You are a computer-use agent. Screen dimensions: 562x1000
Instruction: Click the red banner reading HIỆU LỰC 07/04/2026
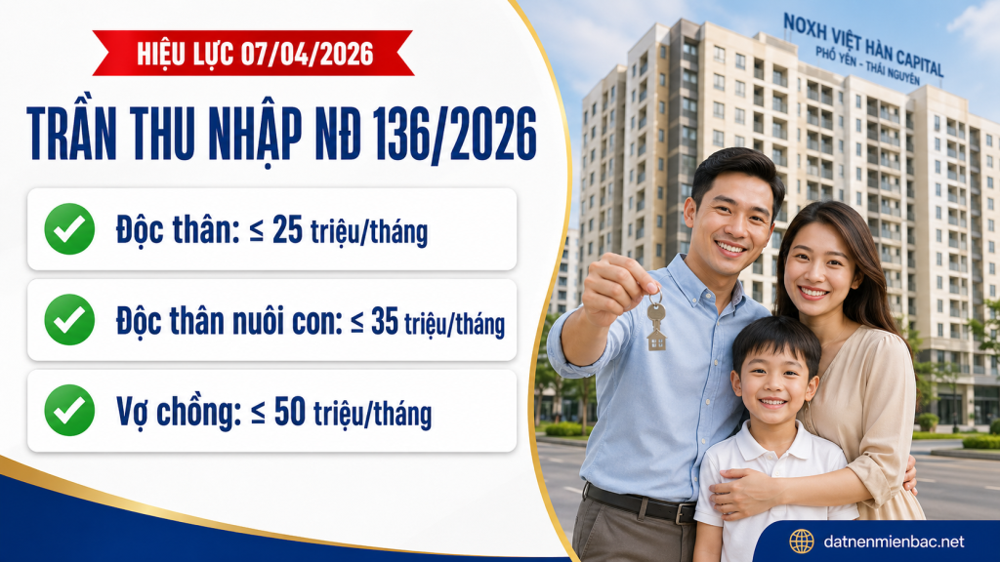[x=253, y=53]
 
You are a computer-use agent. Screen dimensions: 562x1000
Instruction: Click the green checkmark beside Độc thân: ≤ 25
[x=69, y=229]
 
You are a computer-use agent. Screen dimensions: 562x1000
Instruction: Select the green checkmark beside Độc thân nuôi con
[x=69, y=320]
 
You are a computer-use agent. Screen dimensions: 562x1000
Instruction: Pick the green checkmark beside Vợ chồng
[x=69, y=410]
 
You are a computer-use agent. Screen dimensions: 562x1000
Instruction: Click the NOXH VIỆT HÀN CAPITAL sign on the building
[x=862, y=45]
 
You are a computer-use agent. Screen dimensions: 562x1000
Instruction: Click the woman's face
[x=818, y=265]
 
